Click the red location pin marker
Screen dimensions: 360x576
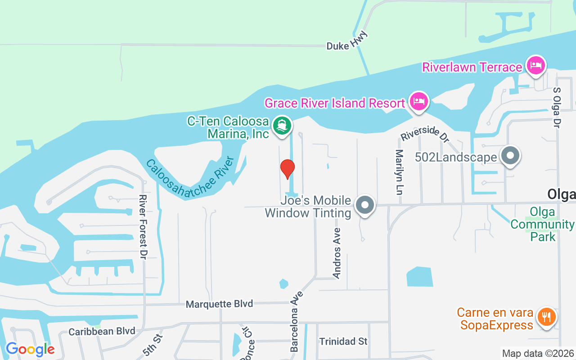(287, 169)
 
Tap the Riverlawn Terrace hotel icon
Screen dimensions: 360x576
(535, 65)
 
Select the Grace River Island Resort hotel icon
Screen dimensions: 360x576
(419, 101)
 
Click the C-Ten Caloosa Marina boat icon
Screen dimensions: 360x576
(282, 125)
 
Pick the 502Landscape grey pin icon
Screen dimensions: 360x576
(510, 156)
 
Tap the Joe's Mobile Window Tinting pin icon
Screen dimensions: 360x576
(365, 205)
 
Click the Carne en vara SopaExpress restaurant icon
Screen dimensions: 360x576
(546, 317)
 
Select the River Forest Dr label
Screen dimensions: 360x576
(144, 227)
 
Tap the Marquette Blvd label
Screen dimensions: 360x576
(219, 304)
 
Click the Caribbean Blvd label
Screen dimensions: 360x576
(102, 332)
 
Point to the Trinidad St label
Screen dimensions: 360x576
(343, 342)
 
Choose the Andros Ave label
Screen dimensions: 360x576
(337, 253)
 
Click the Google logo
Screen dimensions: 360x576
(30, 349)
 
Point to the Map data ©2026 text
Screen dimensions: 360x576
(538, 354)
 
